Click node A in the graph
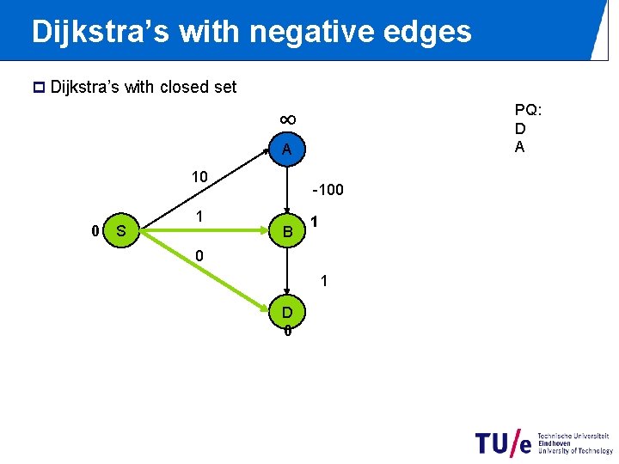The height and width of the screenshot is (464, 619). coord(287,150)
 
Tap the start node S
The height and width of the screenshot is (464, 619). coord(121,230)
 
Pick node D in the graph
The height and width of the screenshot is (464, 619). coord(287,311)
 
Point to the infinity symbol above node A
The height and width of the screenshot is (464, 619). coord(288,119)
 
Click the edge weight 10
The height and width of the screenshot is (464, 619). coord(199,177)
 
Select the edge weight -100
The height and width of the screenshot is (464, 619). coord(328,188)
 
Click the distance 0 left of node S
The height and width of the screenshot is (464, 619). coord(95,230)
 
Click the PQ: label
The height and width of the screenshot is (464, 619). coord(528,110)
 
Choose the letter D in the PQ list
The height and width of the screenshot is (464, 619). coord(520,129)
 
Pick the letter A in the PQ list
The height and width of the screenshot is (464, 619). coord(520,147)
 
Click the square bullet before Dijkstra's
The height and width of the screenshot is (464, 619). coord(37,88)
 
